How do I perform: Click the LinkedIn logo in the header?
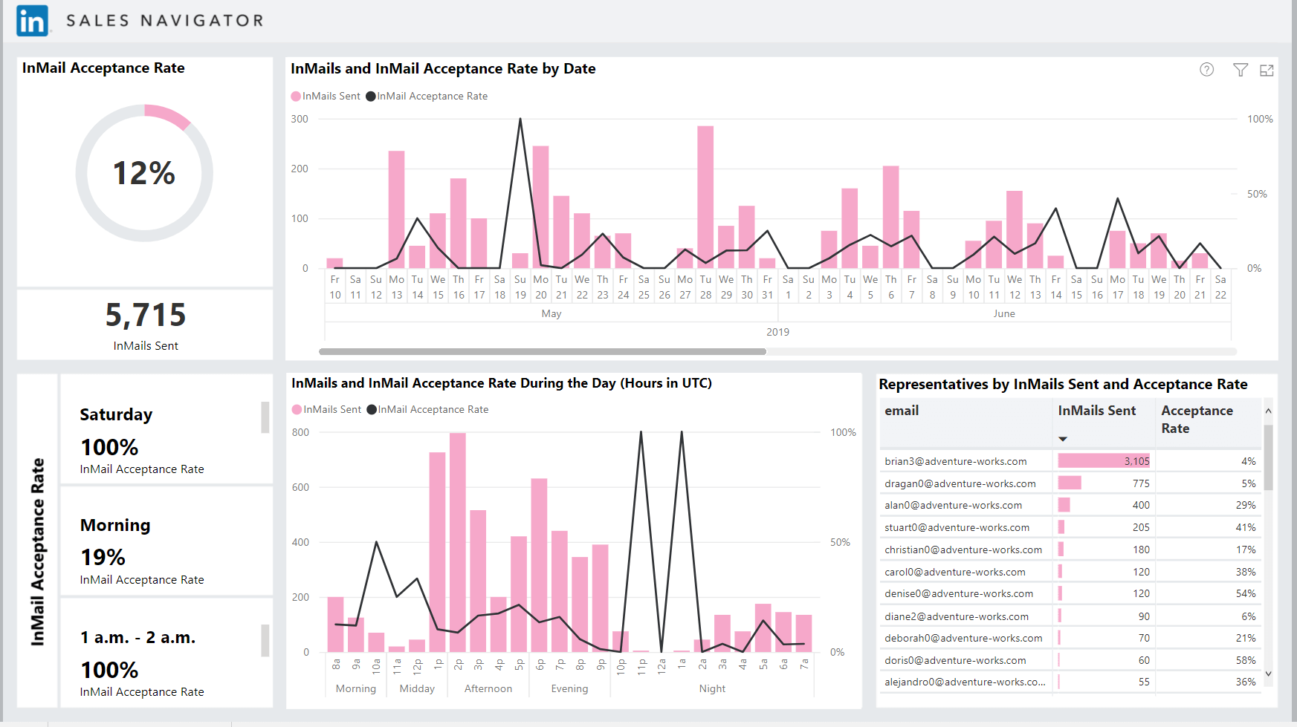(33, 21)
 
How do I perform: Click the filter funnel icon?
(1241, 70)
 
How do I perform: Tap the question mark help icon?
(1207, 69)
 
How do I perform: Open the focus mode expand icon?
(1267, 70)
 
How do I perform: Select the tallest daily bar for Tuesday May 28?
(705, 197)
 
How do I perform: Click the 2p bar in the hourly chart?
(458, 543)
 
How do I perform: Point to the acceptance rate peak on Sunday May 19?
(520, 119)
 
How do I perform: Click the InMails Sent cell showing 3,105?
(1104, 461)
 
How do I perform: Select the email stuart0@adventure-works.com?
(957, 527)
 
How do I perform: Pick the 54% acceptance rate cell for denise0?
(1246, 593)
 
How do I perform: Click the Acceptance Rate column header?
(1197, 420)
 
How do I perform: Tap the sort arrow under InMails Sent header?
(1063, 439)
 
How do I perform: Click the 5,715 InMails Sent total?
(146, 315)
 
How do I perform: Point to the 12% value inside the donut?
(144, 173)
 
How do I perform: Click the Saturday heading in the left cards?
(116, 414)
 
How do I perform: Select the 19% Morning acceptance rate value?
(103, 557)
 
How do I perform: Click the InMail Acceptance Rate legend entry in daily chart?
(427, 96)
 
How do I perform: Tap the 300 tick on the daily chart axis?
(300, 119)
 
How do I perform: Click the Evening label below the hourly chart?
(569, 688)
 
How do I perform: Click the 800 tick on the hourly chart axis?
(300, 432)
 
